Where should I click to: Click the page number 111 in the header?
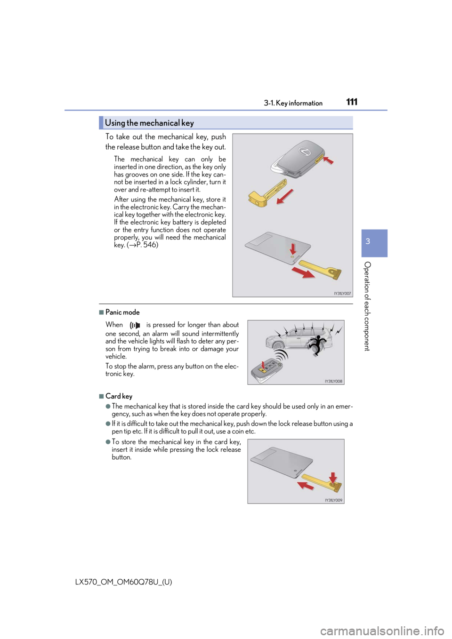pyautogui.click(x=352, y=102)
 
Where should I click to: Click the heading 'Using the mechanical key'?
pyautogui.click(x=149, y=123)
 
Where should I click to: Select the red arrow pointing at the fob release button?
pyautogui.click(x=329, y=160)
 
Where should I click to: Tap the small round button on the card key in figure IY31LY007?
pyautogui.click(x=293, y=257)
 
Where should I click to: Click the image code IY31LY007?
pyautogui.click(x=342, y=293)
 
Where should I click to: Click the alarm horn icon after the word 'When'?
pyautogui.click(x=135, y=325)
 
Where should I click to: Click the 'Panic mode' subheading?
pyautogui.click(x=122, y=312)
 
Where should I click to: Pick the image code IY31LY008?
pyautogui.click(x=333, y=382)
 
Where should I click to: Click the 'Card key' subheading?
pyautogui.click(x=119, y=396)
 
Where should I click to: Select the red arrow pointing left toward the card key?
pyautogui.click(x=306, y=484)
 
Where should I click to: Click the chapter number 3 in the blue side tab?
pyautogui.click(x=368, y=241)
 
